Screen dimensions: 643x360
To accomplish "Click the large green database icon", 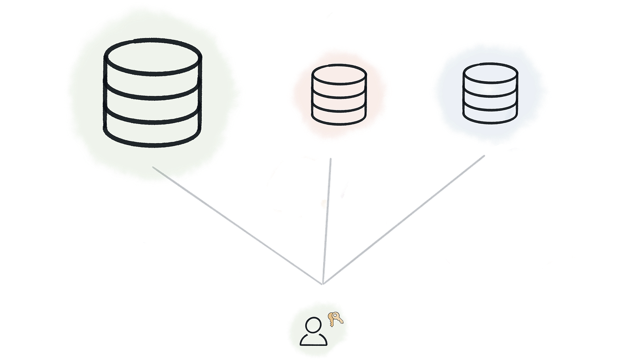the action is [x=152, y=92].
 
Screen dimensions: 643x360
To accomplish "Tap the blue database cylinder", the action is [x=490, y=93].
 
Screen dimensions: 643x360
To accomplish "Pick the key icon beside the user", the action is [x=336, y=318].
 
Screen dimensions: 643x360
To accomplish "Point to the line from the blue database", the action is [x=406, y=216].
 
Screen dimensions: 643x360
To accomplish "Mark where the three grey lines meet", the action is [x=323, y=283].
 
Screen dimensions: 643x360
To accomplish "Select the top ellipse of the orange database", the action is [x=339, y=74].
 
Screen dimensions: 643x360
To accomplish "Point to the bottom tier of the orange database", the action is [x=339, y=114].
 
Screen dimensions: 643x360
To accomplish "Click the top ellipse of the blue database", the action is [x=490, y=73].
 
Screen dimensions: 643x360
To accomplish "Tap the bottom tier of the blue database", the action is [x=490, y=113].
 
